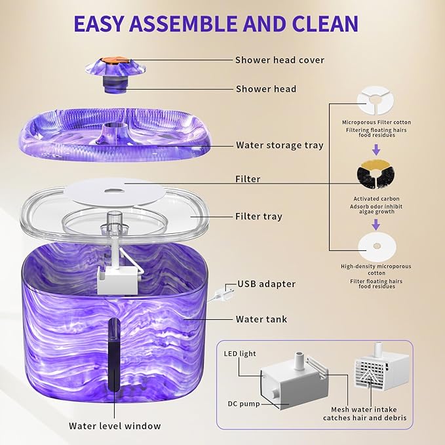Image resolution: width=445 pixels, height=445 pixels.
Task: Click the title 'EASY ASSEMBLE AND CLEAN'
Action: coord(216,23)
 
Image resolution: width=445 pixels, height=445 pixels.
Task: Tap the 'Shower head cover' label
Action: coord(280,60)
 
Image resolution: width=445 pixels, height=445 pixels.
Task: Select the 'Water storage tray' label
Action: coord(279,145)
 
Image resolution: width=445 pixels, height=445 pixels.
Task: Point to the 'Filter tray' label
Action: coord(259,216)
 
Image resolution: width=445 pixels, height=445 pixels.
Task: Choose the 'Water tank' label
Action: coord(261,320)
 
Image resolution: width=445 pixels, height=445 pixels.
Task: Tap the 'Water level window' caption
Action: coord(115,426)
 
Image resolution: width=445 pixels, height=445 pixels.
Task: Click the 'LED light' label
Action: coord(239,354)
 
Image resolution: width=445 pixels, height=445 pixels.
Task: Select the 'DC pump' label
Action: coord(241,404)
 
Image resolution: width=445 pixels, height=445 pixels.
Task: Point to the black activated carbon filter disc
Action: coord(376,177)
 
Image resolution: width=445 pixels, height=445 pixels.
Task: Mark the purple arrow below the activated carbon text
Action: coord(376,224)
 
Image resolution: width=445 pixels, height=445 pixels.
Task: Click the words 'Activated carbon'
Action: coord(376,199)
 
